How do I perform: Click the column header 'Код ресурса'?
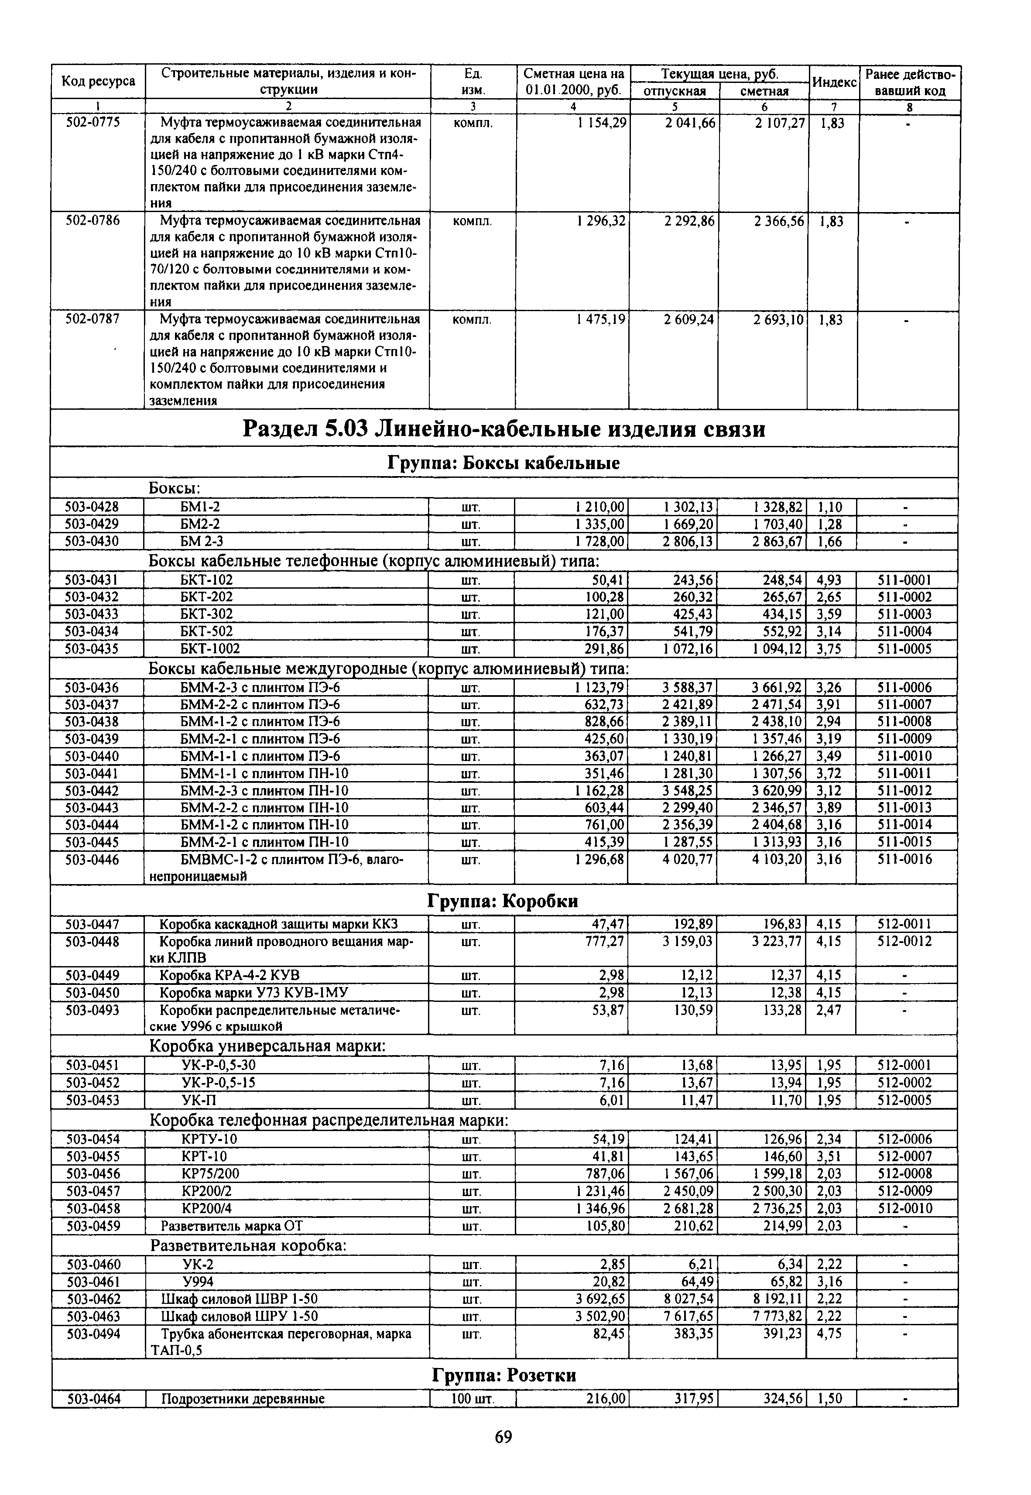98,82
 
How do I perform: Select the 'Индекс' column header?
833,82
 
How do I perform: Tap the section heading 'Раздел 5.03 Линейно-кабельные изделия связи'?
504,429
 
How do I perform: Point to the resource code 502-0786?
93,221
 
